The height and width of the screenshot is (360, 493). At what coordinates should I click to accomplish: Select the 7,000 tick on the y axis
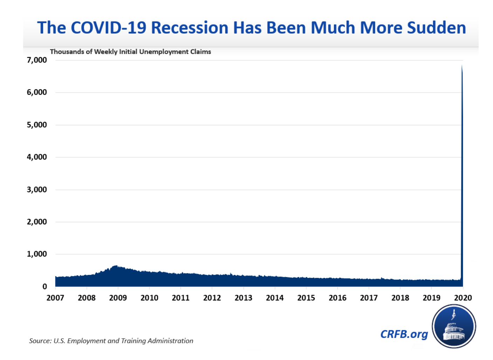(x=36, y=60)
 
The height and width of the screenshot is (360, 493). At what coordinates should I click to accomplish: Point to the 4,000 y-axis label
(x=36, y=157)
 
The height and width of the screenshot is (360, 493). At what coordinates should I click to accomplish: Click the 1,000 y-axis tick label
(x=36, y=254)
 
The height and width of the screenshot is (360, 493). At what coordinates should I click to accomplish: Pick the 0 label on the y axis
(x=44, y=287)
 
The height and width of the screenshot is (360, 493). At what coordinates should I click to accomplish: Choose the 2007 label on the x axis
(x=55, y=298)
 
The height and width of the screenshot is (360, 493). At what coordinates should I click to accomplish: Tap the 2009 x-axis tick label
(x=118, y=298)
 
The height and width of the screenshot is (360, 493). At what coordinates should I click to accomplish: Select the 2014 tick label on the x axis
(x=275, y=298)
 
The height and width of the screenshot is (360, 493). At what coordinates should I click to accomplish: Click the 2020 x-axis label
(x=463, y=298)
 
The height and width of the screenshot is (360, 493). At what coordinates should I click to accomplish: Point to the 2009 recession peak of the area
(x=116, y=266)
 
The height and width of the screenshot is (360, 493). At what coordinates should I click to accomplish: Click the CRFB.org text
(x=404, y=334)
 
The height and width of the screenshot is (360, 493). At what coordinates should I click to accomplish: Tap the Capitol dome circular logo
(x=454, y=326)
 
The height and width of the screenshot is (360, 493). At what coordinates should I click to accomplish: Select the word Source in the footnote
(x=40, y=341)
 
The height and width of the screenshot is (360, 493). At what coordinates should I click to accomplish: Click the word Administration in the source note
(x=170, y=341)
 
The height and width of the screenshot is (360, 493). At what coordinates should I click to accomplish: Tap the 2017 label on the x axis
(x=369, y=298)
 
